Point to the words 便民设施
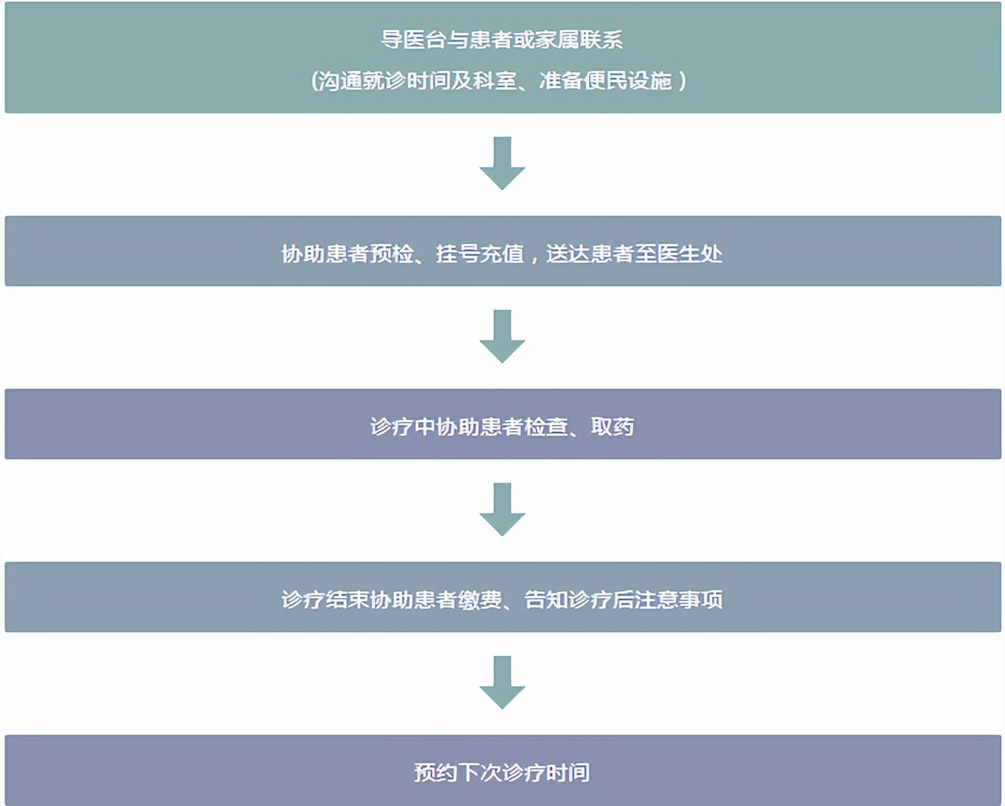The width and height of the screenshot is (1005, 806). (x=628, y=80)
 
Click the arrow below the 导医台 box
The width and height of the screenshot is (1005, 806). (x=502, y=162)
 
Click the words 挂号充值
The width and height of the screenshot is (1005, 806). (x=480, y=253)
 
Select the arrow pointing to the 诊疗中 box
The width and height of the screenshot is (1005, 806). (x=502, y=335)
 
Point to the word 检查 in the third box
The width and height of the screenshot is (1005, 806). (x=546, y=427)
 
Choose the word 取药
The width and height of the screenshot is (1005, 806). (x=613, y=427)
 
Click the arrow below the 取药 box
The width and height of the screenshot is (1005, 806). (x=502, y=508)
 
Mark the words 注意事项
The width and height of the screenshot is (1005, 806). (x=679, y=600)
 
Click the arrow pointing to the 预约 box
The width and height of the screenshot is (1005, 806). (x=502, y=682)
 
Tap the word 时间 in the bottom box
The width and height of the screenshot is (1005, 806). (x=568, y=773)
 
